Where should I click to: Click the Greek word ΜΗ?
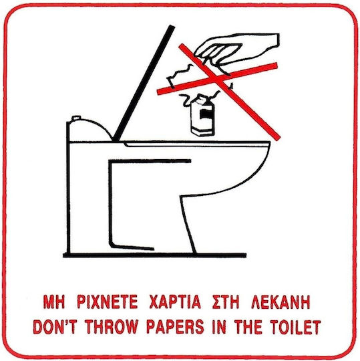[54, 302]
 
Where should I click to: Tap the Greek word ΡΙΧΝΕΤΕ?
[107, 302]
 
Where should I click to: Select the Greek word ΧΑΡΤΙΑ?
[175, 302]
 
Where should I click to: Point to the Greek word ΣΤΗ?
[226, 302]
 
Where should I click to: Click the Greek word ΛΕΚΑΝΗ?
[281, 302]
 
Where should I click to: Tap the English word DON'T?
[55, 326]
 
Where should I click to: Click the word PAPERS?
[175, 326]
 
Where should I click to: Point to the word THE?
[248, 326]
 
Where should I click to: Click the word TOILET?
[295, 326]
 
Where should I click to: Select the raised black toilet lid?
[144, 84]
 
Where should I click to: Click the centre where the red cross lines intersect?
[218, 79]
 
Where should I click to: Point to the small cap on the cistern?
[76, 118]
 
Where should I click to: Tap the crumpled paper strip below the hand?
[180, 76]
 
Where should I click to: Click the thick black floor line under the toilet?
[154, 255]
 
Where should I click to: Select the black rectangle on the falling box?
[206, 114]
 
